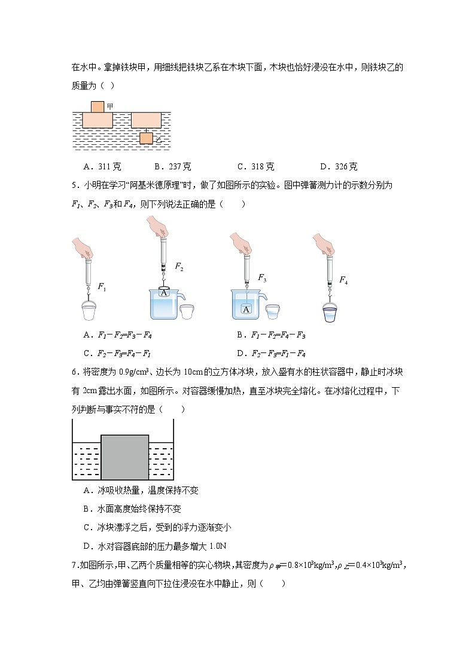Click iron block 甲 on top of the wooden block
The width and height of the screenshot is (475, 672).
98,107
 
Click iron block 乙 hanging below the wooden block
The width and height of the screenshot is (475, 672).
147,138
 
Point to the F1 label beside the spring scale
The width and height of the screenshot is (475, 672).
101,288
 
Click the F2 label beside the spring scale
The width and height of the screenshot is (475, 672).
179,267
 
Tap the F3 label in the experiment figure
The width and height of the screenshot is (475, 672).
261,278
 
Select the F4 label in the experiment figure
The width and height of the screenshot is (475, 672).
343,279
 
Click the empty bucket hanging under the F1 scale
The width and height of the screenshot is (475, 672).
88,312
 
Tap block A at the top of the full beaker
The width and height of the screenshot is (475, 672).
164,292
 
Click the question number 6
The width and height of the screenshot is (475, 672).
74,372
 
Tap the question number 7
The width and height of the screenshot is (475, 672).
74,564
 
